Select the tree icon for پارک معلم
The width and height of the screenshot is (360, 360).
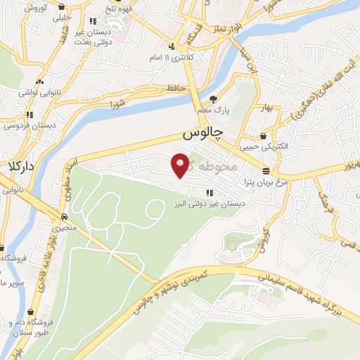tap(214, 99)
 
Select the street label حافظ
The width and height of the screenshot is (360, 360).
tap(176, 88)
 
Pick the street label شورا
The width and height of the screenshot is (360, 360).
tap(116, 105)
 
